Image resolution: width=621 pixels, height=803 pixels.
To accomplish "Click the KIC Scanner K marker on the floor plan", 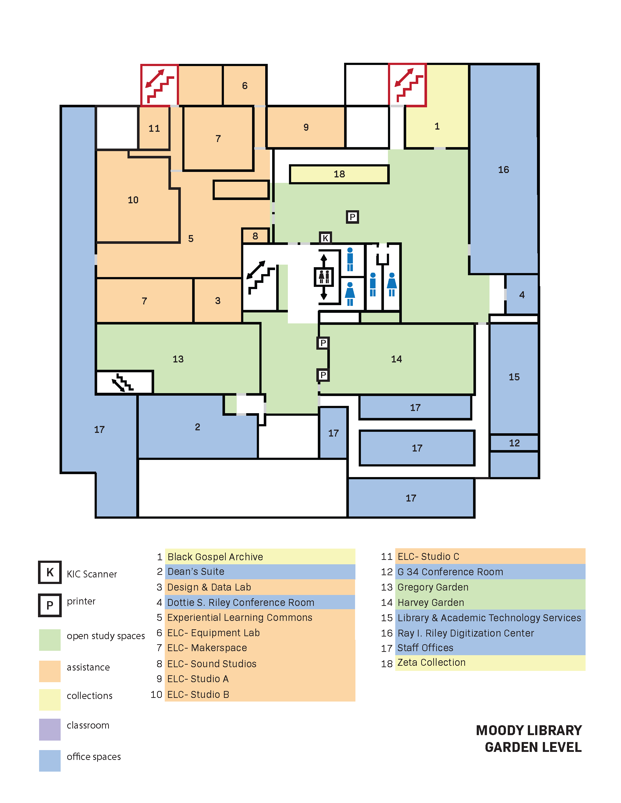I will point(325,238).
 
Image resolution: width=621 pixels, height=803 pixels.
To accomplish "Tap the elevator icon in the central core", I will point(324,277).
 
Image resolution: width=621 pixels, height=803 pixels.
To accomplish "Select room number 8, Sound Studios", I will point(255,236).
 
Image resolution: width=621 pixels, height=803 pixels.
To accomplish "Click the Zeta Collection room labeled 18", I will point(339,174).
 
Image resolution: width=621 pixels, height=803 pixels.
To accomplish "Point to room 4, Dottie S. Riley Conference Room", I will point(521,295).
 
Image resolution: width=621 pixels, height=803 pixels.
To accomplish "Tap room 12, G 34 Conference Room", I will point(514,443).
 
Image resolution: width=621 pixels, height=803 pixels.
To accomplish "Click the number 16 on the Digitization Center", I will point(503,169).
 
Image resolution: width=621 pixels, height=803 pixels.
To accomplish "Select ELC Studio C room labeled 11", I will point(154,128).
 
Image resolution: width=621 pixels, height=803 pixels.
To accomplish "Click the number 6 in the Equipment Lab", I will point(245,86).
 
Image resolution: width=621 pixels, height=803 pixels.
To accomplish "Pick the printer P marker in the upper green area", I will point(352,217).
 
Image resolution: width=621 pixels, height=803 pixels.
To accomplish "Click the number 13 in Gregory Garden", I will point(178,359).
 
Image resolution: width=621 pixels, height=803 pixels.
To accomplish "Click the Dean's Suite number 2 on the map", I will point(198,427).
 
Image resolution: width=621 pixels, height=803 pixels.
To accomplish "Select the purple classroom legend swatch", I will point(50,729).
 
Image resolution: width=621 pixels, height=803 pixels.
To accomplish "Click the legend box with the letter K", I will point(50,572).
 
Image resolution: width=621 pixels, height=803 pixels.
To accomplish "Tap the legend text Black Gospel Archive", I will point(215,557).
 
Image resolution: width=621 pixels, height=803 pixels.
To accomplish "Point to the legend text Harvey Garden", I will point(430,602).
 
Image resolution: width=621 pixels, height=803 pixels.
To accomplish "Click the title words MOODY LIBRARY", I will point(529,730).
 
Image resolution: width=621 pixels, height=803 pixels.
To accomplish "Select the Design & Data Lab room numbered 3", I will point(218,300).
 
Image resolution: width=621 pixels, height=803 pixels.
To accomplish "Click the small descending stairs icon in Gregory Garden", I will point(122,383).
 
